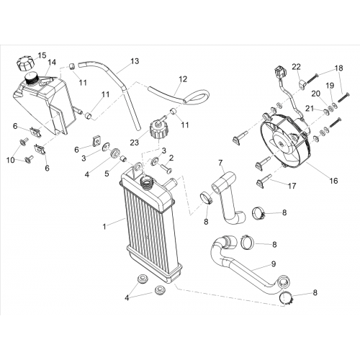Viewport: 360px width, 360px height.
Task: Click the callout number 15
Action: click(42, 55)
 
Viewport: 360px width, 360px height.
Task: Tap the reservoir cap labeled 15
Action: click(25, 63)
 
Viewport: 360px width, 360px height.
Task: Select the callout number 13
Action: click(135, 61)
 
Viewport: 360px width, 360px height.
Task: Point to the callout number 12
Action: click(183, 79)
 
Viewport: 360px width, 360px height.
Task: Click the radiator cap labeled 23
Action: click(158, 130)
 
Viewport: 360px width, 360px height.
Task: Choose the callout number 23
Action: click(135, 143)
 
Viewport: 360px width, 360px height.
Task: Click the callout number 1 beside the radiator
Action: click(104, 227)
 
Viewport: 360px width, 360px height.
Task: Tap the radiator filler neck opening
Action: click(146, 182)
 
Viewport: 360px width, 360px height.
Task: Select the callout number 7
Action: click(220, 163)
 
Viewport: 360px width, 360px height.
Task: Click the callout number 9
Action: click(274, 264)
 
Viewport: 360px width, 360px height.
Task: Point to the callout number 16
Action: click(333, 181)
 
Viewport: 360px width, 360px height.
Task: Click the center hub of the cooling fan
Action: click(281, 143)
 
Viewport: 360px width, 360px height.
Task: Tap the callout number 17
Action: click(292, 186)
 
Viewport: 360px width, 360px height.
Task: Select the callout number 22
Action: click(296, 67)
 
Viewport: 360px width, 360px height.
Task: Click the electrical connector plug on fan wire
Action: click(279, 72)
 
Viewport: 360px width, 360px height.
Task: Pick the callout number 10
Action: click(10, 160)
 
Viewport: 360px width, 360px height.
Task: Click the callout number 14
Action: click(52, 62)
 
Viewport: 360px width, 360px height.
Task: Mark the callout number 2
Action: click(171, 158)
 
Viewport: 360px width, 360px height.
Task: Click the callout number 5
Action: click(107, 174)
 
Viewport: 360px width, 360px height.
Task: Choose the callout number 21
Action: click(310, 109)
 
